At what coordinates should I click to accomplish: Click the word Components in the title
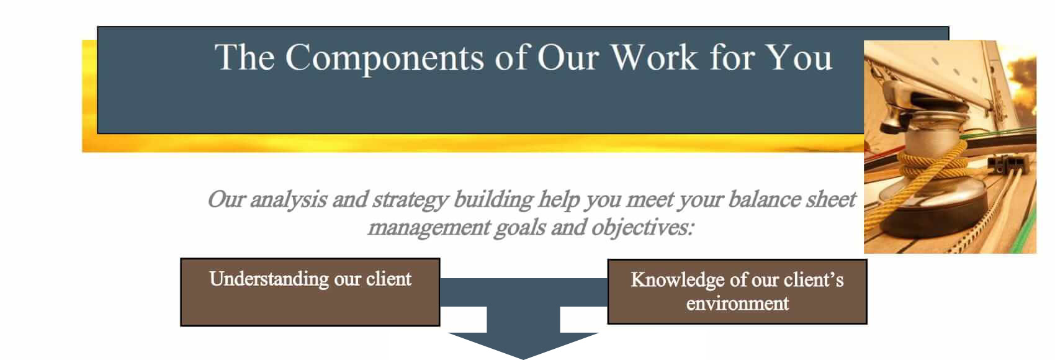384,58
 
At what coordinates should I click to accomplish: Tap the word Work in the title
654,58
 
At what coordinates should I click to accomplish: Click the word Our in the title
568,58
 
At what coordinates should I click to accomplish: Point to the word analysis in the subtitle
289,200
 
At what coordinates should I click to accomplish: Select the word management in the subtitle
429,228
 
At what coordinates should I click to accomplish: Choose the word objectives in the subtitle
642,228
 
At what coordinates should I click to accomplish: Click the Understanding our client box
310,292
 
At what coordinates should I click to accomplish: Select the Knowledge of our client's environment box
737,292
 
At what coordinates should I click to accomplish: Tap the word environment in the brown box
737,304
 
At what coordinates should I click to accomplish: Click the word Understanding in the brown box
269,279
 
